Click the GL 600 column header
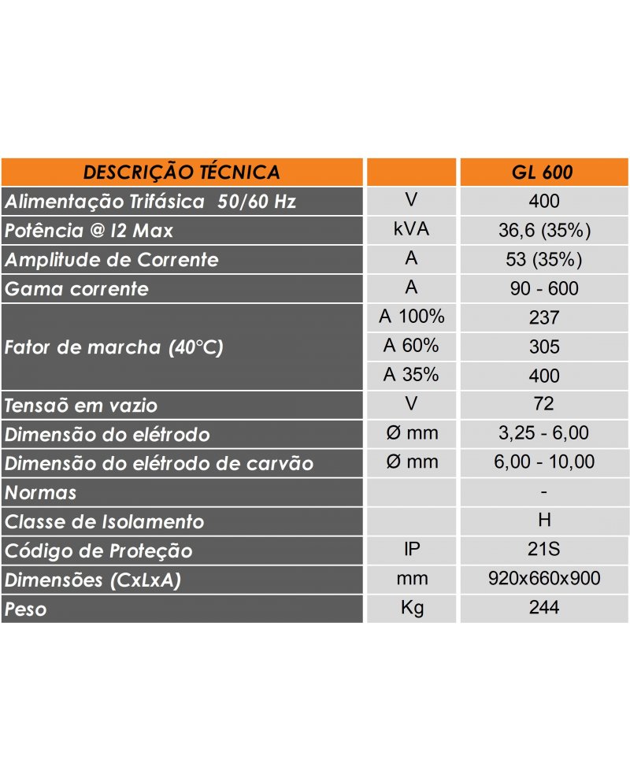pos(544,172)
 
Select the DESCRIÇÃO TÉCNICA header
pos(182,172)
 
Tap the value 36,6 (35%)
pos(544,230)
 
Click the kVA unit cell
pos(411,230)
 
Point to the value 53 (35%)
pos(544,259)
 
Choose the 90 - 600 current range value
pos(544,288)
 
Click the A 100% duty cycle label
pos(411,317)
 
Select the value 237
pos(544,317)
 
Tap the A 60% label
pos(411,346)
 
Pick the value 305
pos(544,347)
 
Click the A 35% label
pos(411,375)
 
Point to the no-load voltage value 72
pos(544,404)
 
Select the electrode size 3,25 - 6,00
pos(544,433)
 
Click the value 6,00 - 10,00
pos(544,462)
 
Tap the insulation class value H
pos(544,521)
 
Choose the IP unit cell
pos(411,549)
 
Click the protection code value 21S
pos(544,550)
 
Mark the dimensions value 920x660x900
pos(544,579)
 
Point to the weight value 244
pos(544,608)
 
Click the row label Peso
pos(26,609)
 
